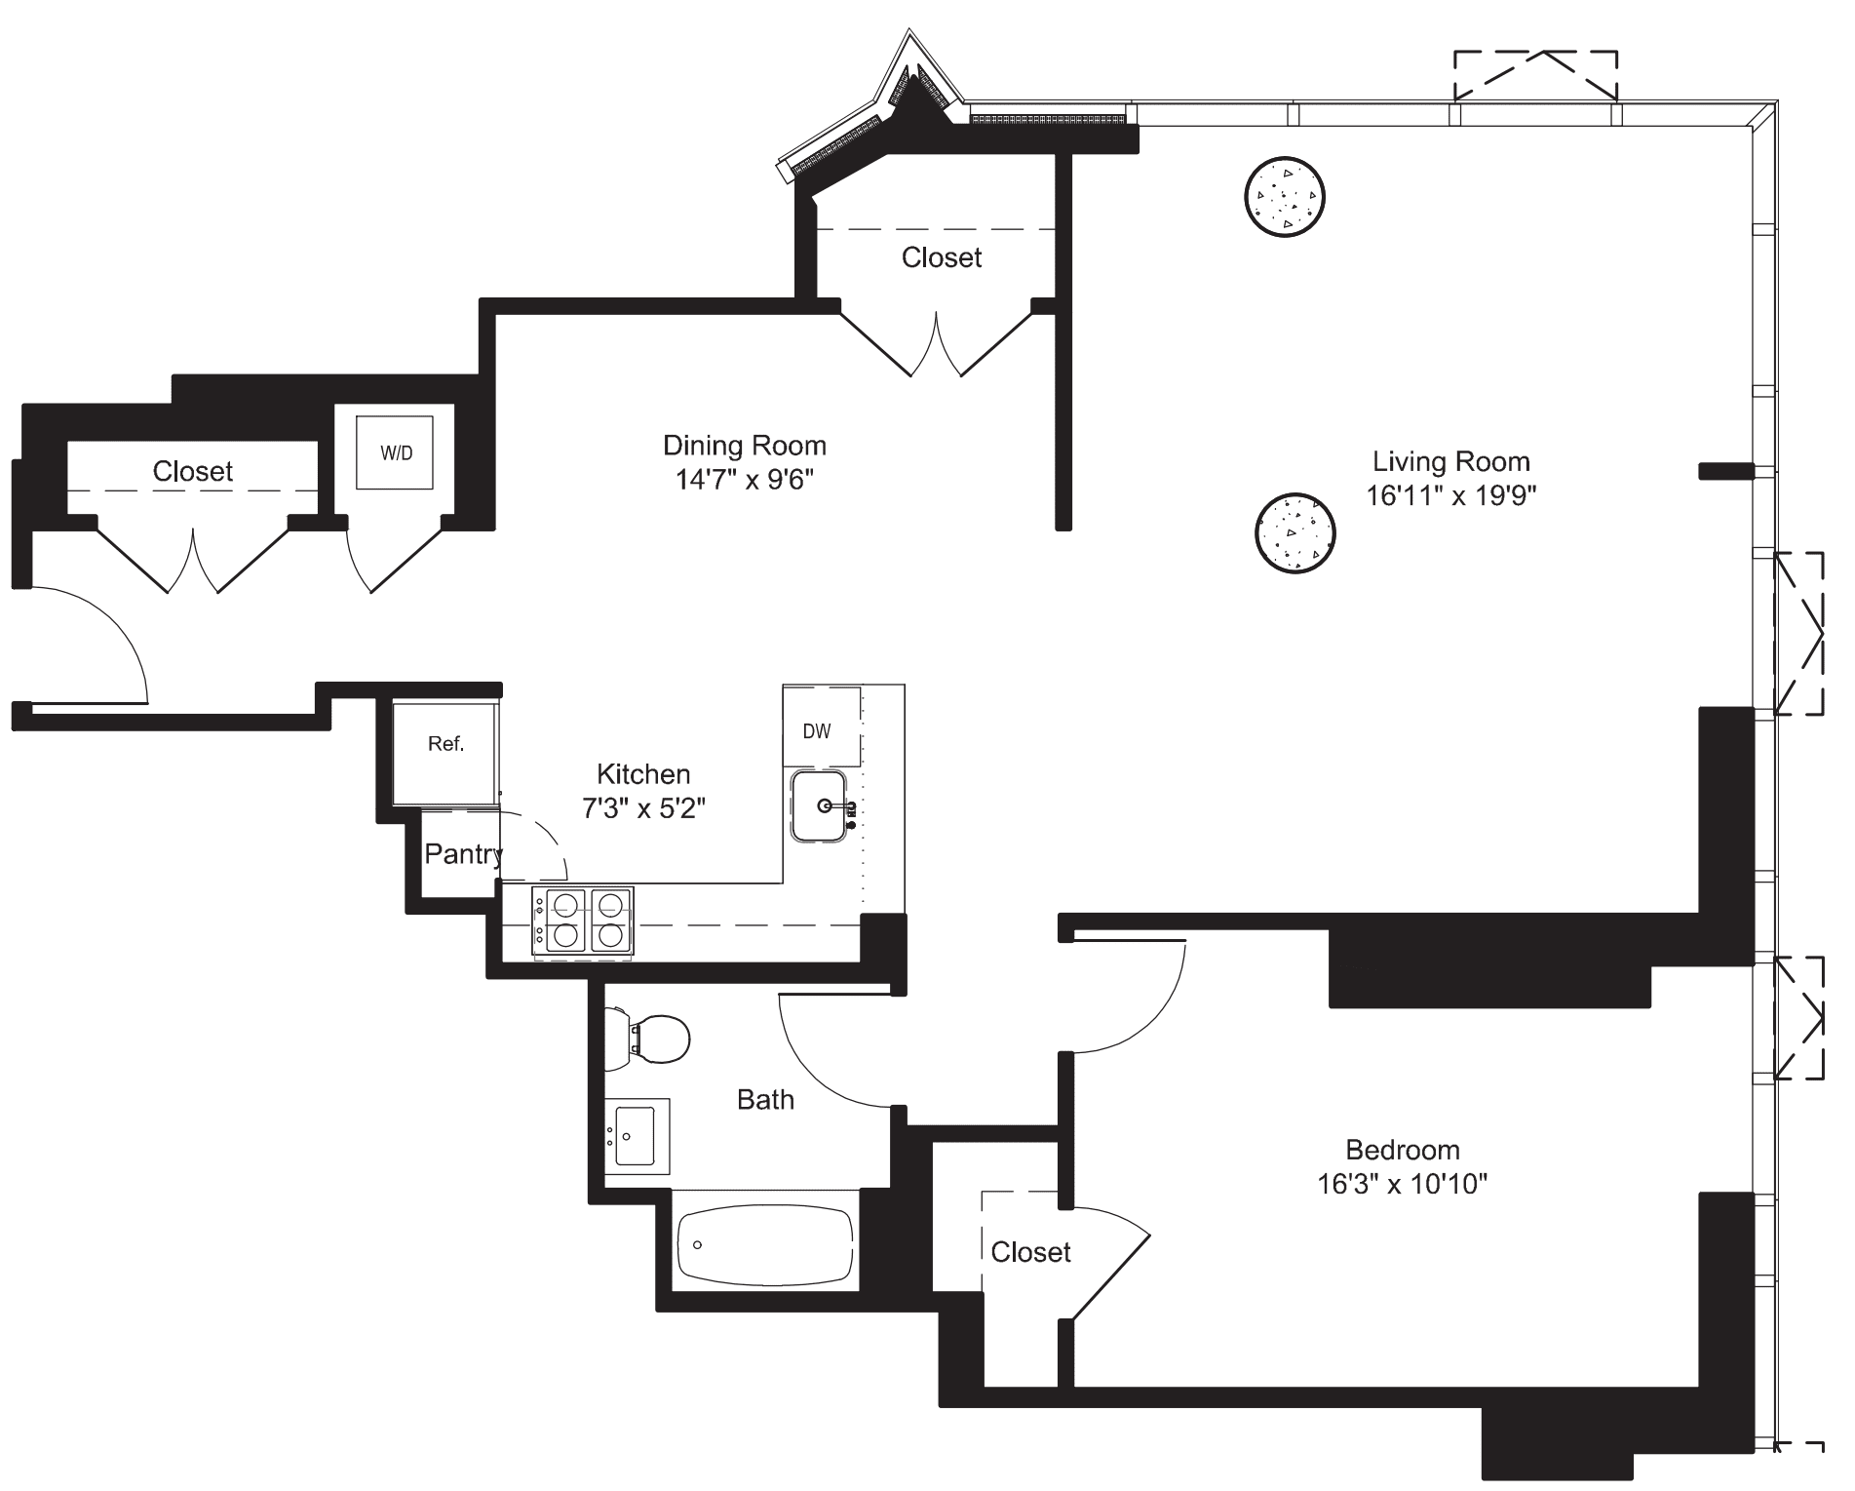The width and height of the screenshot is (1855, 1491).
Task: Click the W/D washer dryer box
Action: tap(395, 452)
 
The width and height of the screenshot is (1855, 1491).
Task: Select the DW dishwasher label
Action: tap(817, 731)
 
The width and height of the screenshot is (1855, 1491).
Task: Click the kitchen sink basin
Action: tap(819, 805)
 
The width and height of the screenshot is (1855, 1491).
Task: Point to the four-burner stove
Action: tap(582, 921)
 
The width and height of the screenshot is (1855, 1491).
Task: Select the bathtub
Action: tap(765, 1247)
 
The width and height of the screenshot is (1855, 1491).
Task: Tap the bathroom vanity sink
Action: tap(637, 1136)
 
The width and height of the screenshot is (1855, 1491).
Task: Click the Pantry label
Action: tap(463, 854)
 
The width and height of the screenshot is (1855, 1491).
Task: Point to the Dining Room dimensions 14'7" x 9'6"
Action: tap(745, 480)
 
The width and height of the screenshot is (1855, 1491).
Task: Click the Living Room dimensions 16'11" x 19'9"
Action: tap(1450, 495)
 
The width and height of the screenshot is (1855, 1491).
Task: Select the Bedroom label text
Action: tap(1402, 1149)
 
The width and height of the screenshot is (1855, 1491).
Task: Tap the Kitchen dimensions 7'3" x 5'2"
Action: tap(643, 808)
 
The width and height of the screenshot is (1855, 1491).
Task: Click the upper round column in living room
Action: tap(1285, 197)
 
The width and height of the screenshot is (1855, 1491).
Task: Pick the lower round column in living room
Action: tap(1295, 533)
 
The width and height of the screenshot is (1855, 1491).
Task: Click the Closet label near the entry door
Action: tap(192, 472)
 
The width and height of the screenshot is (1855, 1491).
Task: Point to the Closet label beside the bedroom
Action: tap(1030, 1252)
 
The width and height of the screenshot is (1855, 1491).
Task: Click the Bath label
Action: tap(765, 1100)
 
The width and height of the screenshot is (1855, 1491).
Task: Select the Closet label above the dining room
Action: tap(941, 257)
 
